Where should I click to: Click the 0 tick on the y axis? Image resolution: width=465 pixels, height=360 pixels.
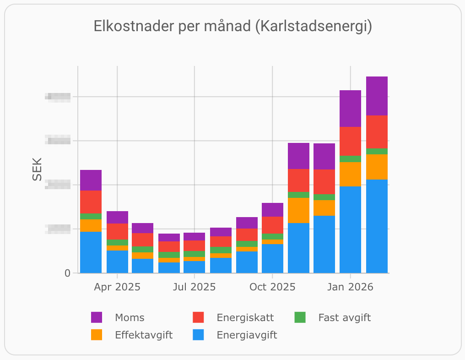[68, 273]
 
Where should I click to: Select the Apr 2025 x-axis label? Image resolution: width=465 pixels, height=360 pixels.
[117, 287]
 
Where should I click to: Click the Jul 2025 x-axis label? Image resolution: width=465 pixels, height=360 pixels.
[195, 287]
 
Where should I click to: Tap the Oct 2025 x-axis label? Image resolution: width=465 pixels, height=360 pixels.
[272, 287]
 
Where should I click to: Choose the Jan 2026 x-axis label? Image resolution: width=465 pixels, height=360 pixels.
[350, 287]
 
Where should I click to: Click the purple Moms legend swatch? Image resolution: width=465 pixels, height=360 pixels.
[97, 317]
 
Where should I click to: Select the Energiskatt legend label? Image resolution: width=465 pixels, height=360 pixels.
[245, 317]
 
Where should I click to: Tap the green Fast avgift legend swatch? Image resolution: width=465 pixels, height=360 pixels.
[300, 317]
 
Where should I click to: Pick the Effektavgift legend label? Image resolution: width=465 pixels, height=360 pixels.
[144, 335]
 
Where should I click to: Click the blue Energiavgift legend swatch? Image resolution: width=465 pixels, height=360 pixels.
[198, 335]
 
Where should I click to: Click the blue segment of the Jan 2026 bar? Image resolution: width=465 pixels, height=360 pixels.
[350, 229]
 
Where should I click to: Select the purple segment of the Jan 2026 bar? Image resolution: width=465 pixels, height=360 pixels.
[350, 109]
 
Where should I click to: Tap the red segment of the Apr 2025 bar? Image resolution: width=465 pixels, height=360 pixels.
[117, 231]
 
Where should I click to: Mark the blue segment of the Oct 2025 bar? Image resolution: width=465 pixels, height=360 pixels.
[272, 258]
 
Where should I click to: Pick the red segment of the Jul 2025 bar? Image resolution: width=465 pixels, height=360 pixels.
[195, 245]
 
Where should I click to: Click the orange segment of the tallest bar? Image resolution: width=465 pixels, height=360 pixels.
[377, 167]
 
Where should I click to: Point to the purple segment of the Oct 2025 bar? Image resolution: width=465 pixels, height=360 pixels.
[272, 210]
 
